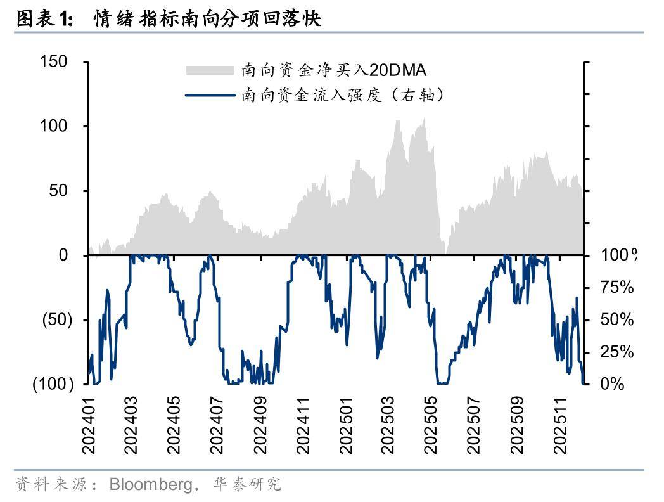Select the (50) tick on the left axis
(57, 319)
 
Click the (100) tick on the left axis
(53, 384)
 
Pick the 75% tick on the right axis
(616, 288)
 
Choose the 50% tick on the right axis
(616, 319)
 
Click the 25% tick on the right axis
(616, 352)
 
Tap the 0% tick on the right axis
(611, 384)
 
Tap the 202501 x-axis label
(345, 425)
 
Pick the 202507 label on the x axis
(475, 425)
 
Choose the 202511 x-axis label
(560, 425)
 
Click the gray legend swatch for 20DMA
(210, 69)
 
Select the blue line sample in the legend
(210, 96)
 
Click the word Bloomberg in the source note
(151, 485)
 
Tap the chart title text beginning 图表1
(169, 19)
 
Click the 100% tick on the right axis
(618, 255)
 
